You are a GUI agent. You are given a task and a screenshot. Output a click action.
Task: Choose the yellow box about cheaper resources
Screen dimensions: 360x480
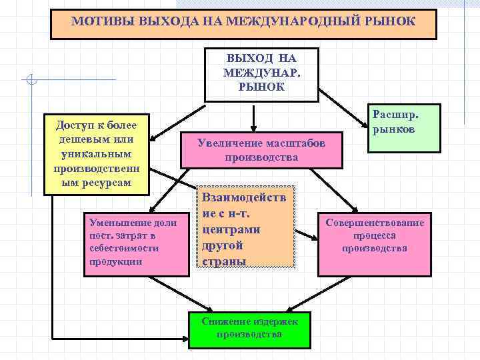96,153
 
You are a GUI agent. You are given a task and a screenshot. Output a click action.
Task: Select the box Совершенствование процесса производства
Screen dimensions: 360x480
374,236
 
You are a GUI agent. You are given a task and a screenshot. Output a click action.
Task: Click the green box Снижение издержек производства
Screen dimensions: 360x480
249,329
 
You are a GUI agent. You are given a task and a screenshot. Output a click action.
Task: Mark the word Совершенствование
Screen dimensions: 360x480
374,222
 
